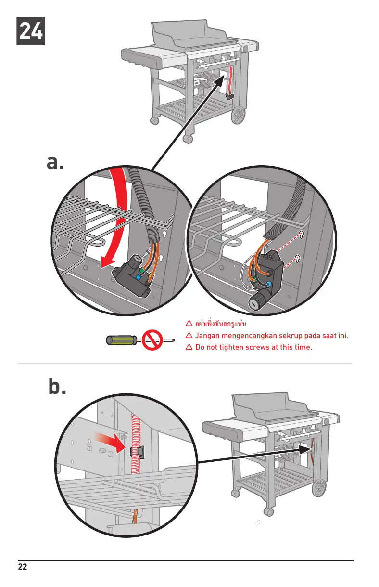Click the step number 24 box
31,31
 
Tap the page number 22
23,566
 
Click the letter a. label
55,163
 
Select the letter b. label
57,387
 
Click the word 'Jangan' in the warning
209,335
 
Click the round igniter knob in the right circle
255,302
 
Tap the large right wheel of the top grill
239,115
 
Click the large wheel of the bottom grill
319,488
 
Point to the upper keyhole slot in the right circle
301,235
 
